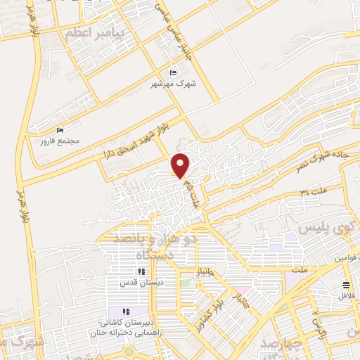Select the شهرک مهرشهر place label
(173, 84)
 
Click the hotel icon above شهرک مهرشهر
(174, 72)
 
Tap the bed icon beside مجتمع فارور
(60, 130)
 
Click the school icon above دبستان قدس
(141, 271)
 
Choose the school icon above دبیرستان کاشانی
(126, 312)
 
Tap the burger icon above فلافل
(346, 284)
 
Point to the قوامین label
(344, 259)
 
